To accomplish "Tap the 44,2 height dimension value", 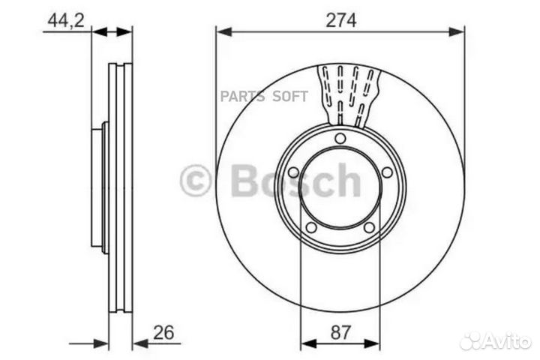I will (x=65, y=20).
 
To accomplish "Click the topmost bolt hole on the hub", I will (x=340, y=138).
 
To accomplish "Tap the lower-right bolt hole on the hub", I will (x=369, y=228).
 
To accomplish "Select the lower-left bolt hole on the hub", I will (x=311, y=228).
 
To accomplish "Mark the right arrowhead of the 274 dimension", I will (x=459, y=31).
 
